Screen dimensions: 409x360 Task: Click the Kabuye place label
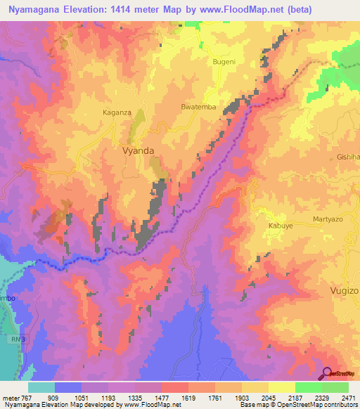pyautogui.click(x=280, y=226)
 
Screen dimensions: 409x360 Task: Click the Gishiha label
pyautogui.click(x=347, y=157)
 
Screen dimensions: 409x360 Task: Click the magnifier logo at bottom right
pyautogui.click(x=326, y=374)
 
